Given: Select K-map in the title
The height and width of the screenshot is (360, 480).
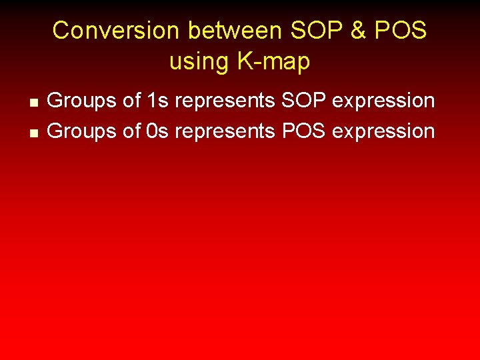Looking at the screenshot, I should [273, 61].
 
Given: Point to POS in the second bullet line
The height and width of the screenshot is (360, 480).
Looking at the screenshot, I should [303, 131].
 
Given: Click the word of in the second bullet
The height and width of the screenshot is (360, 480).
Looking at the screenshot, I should [131, 131].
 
